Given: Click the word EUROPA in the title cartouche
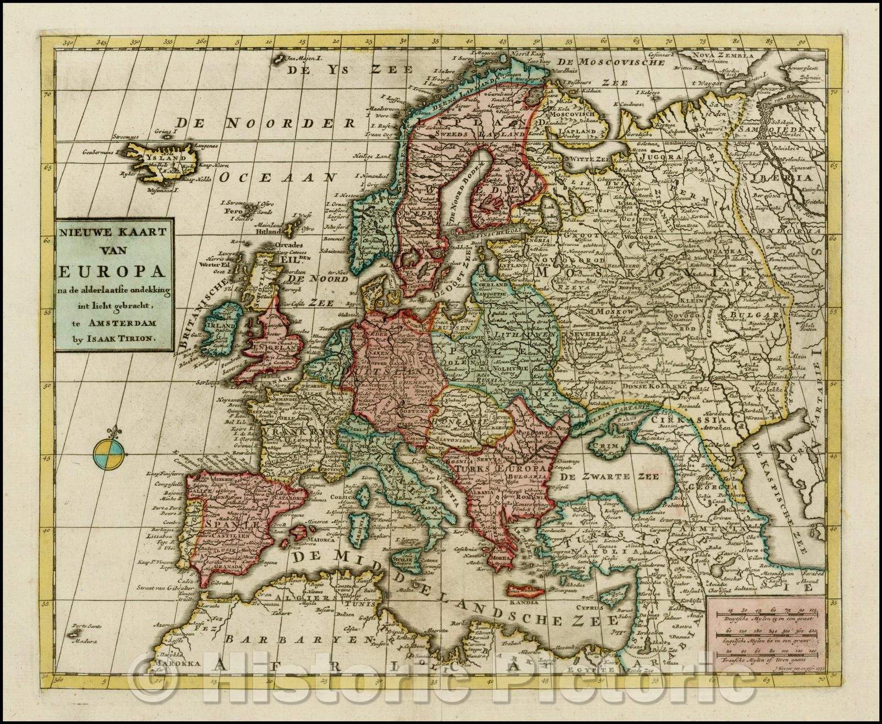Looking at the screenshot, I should (x=115, y=273).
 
